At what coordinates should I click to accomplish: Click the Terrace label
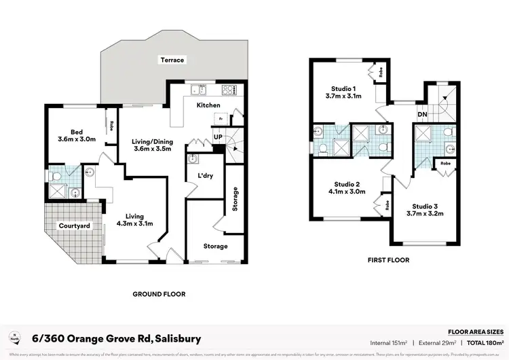(172, 60)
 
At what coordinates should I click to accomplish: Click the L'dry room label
(206, 176)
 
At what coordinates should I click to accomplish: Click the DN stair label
(422, 114)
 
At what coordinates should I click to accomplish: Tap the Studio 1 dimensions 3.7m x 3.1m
(343, 96)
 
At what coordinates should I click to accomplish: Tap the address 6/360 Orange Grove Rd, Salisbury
(116, 338)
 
